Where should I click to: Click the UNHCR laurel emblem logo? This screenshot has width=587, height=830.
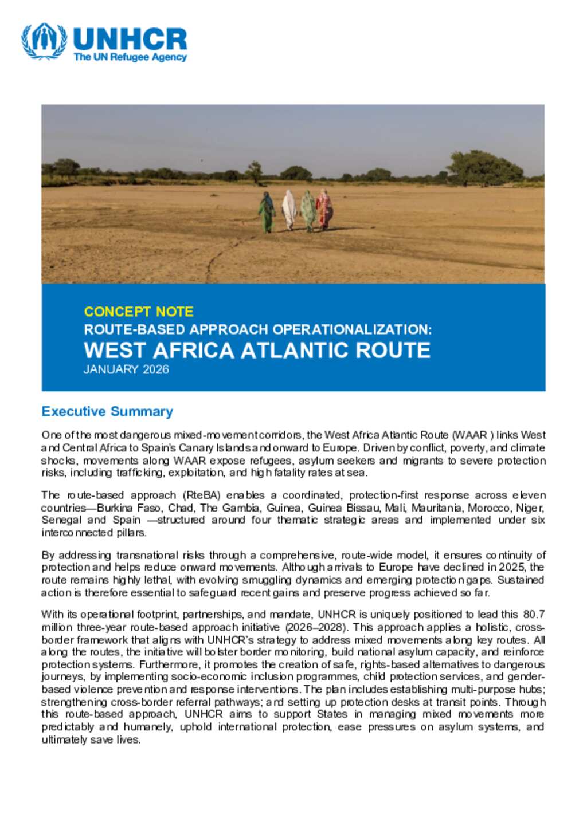point(44,41)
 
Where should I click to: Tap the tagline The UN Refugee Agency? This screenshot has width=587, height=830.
point(130,57)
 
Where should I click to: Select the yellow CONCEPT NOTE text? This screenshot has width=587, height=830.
point(139,312)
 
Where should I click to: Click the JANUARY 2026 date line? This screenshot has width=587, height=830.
point(126,369)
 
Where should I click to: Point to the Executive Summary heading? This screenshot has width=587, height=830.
point(107,411)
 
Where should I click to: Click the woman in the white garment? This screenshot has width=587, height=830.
point(289,210)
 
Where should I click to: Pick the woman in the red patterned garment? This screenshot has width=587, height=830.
point(324,210)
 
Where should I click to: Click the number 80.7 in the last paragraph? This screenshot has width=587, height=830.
point(534,615)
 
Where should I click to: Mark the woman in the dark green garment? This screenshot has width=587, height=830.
point(267,212)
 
